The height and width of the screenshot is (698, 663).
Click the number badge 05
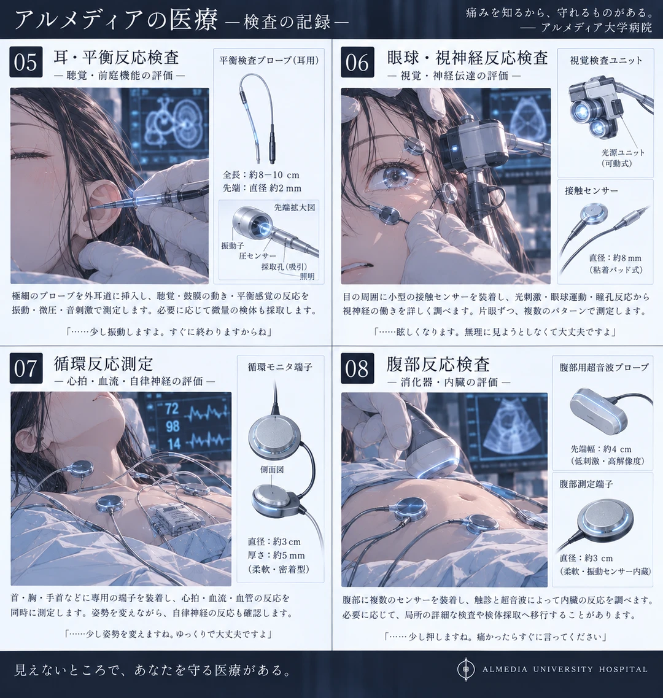pos(26,62)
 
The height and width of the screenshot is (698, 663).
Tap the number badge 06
pos(357,62)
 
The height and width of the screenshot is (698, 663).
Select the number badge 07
pos(26,368)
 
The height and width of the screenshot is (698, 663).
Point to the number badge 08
pos(357,368)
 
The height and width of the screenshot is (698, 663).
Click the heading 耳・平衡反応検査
pos(116,57)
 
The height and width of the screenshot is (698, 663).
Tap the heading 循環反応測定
pos(103,363)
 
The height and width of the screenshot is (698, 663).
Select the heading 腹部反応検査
pos(438,364)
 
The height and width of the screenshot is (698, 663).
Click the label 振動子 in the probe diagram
pos(233,246)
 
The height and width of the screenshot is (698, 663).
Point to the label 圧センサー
pos(257,256)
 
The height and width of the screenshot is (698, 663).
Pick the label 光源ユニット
pos(623,152)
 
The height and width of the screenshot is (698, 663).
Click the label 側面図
pos(272,469)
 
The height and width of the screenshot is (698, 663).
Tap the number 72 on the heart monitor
pos(172,408)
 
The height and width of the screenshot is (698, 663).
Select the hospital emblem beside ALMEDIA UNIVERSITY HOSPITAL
pos(466,669)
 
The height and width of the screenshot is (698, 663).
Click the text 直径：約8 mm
pos(615,258)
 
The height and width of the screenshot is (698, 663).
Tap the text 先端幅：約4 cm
pos(601,449)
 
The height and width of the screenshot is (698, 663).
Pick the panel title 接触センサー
pos(591,190)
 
